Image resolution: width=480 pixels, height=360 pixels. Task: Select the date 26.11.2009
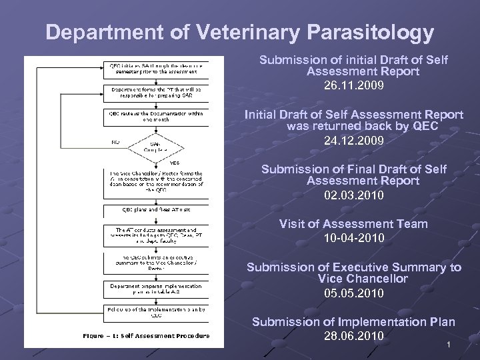pyautogui.click(x=353, y=87)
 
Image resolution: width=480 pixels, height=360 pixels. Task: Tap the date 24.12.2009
pyautogui.click(x=353, y=141)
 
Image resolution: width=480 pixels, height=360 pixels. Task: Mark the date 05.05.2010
pyautogui.click(x=353, y=293)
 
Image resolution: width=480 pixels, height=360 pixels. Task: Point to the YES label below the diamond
pyautogui.click(x=175, y=163)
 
